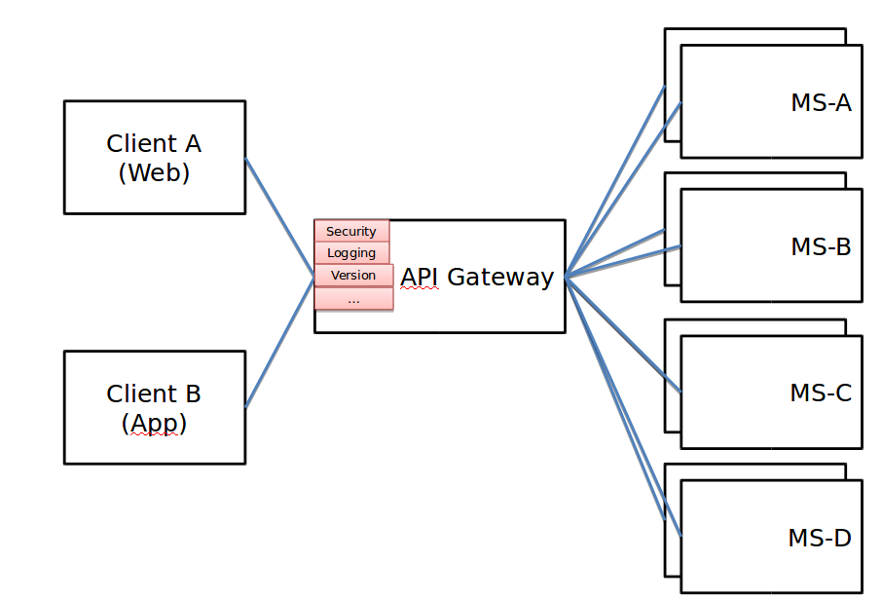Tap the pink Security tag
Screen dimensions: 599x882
(351, 231)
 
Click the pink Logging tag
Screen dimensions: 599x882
(351, 253)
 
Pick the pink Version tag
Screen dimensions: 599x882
(353, 276)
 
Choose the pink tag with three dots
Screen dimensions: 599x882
(353, 299)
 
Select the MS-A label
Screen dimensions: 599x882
(821, 102)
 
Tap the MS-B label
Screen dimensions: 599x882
(821, 246)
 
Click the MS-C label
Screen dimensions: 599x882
(821, 393)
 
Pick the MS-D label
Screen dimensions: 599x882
(820, 537)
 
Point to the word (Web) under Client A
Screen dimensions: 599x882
(154, 172)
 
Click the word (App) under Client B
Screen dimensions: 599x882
(154, 423)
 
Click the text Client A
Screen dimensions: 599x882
(154, 143)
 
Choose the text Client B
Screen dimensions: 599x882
(154, 393)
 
